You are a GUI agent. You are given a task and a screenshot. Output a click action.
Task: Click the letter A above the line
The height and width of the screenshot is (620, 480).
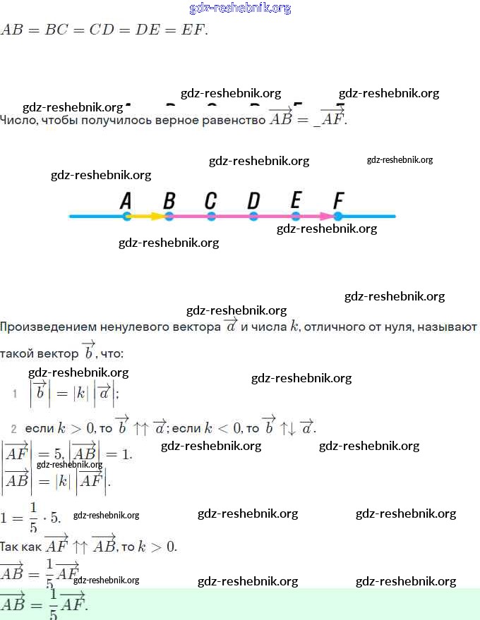point(126,201)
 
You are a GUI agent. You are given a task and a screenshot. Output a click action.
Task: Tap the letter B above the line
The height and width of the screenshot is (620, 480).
point(169,201)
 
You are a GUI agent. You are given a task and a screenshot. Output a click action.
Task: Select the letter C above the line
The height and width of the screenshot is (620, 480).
point(210,201)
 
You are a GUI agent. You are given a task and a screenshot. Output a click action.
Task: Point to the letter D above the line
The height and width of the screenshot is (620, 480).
point(253,201)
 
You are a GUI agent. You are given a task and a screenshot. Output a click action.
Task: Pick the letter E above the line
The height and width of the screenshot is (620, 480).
point(296,201)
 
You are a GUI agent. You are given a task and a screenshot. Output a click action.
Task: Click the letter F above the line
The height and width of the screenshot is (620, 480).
point(339,201)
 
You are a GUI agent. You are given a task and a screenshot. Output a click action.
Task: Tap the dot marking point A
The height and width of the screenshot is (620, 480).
point(126,217)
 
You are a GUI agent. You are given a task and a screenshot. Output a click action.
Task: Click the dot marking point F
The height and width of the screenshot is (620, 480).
point(338,217)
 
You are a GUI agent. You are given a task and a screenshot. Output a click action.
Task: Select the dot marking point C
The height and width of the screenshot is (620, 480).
point(211,217)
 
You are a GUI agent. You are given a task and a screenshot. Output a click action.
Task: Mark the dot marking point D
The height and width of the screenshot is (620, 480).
point(253,217)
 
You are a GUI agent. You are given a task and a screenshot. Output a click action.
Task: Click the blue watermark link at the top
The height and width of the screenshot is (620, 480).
point(240,8)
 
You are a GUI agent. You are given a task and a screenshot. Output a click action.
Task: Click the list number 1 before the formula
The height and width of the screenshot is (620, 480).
point(14,394)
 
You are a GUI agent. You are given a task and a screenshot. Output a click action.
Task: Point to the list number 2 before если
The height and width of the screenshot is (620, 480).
point(13,429)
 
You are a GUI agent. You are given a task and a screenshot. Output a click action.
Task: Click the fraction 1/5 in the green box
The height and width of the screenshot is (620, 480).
point(53,605)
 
